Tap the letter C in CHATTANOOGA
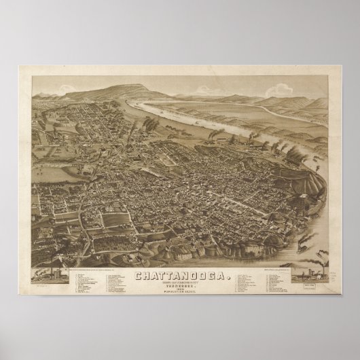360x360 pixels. pos(139,257)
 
